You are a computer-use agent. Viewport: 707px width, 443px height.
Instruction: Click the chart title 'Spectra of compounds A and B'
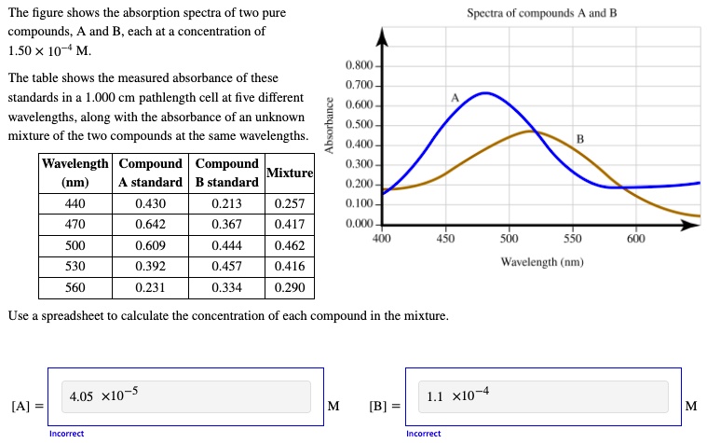click(x=541, y=14)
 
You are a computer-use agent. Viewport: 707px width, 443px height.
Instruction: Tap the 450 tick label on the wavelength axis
click(x=445, y=239)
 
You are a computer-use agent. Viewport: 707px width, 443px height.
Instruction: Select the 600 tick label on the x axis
click(x=635, y=239)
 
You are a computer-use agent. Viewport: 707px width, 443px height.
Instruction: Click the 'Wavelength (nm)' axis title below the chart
click(x=541, y=262)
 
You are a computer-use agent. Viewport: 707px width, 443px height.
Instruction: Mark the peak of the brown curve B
click(x=532, y=131)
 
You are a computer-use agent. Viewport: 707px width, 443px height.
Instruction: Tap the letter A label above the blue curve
click(x=455, y=98)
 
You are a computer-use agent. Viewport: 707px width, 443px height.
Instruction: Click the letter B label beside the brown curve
click(x=579, y=139)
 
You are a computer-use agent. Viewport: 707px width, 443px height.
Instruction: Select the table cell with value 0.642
click(x=150, y=225)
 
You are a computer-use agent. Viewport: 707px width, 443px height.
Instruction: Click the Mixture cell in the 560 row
click(x=290, y=287)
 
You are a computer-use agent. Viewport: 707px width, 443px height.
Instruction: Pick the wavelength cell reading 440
click(x=75, y=203)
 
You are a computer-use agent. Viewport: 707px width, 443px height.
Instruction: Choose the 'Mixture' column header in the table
click(x=290, y=173)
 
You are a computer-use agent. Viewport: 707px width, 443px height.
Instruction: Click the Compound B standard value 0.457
click(x=227, y=267)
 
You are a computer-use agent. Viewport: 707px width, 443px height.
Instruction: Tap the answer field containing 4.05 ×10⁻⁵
click(x=185, y=396)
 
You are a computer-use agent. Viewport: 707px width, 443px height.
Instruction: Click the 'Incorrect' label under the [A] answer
click(x=66, y=434)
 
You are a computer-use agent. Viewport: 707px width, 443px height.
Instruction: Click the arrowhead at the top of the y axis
click(x=382, y=38)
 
